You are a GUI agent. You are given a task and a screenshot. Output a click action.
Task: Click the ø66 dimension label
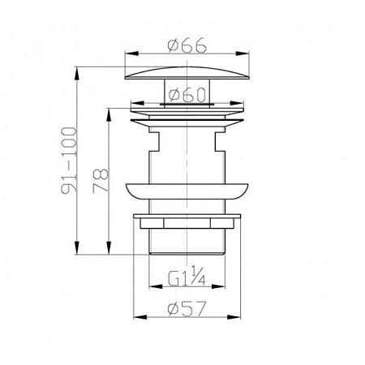tap(187, 45)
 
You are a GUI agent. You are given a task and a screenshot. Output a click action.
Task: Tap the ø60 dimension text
tap(187, 95)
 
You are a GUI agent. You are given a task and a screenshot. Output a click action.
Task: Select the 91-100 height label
tap(69, 161)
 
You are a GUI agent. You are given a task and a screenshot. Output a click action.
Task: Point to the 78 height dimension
tap(101, 181)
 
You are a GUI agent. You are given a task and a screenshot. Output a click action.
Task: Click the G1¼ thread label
tap(187, 276)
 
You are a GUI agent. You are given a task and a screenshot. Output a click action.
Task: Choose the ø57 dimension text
tap(187, 308)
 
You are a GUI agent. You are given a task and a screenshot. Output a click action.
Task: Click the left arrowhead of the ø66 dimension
tap(131, 54)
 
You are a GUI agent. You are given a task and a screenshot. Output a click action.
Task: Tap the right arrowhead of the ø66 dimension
tap(243, 54)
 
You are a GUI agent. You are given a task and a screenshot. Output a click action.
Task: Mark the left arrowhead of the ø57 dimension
tap(140, 317)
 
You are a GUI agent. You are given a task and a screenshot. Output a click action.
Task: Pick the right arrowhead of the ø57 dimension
tap(234, 317)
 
